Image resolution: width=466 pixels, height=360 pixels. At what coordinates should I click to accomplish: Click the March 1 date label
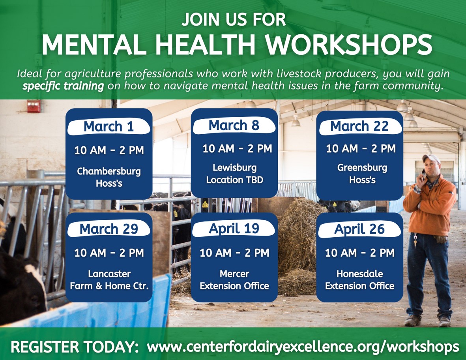(x=109, y=127)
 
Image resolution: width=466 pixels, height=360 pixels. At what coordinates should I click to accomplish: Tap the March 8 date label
(x=234, y=126)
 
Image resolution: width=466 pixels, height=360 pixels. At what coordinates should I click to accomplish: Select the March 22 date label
(x=359, y=126)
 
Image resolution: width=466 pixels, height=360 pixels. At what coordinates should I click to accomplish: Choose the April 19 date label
(x=234, y=229)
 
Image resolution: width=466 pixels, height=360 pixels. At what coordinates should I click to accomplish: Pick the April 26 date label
(x=359, y=229)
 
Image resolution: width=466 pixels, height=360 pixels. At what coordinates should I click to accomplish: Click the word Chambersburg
(x=109, y=172)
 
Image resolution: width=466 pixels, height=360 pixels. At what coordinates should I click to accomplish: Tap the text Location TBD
(x=234, y=180)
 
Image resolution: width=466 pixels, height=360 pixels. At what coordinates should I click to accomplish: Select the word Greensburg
(x=362, y=168)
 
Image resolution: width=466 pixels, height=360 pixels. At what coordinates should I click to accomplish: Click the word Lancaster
(x=109, y=274)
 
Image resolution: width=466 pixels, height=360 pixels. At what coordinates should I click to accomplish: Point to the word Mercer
(x=234, y=274)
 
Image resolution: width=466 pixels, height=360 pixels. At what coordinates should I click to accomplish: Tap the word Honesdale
(x=359, y=274)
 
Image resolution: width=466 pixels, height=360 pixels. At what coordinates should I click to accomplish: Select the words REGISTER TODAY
(x=75, y=347)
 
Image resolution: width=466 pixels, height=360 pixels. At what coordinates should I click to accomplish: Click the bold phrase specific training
(x=63, y=86)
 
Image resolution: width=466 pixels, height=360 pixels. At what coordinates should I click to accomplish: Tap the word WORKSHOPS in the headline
(x=348, y=45)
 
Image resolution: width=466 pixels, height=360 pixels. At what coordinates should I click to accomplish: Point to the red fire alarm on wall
(x=34, y=106)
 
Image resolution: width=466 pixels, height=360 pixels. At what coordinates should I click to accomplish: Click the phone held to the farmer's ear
(x=424, y=174)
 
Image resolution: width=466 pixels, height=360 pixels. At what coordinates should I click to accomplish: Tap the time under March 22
(x=361, y=149)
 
